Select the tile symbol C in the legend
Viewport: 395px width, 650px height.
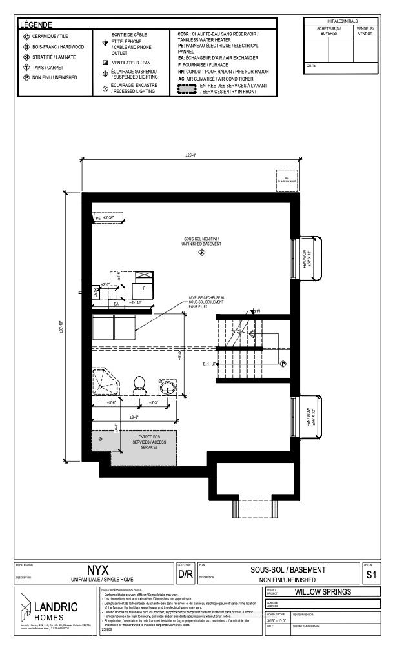tap(26, 37)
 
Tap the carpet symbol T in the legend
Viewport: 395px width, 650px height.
tap(26, 67)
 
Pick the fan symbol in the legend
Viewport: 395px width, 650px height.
tap(104, 62)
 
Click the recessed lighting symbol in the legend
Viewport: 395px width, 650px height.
tap(104, 88)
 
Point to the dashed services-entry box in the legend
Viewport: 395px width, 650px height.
tap(185, 88)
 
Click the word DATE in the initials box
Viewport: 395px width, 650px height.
tap(312, 66)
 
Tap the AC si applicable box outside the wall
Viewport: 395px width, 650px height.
tap(285, 179)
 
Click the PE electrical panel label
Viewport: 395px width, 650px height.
tap(99, 218)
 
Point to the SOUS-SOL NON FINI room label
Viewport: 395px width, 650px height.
tap(201, 241)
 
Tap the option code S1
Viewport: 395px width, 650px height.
tap(370, 574)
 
